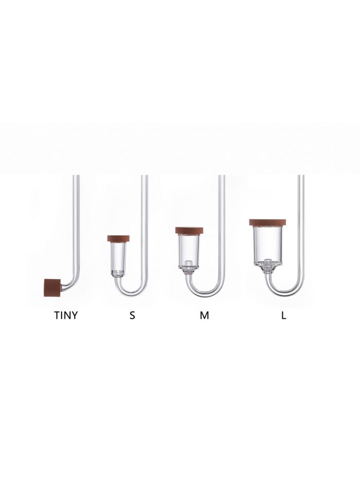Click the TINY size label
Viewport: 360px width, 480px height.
pyautogui.click(x=66, y=315)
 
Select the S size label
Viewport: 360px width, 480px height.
pyautogui.click(x=132, y=315)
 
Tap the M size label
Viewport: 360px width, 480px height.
pyautogui.click(x=205, y=315)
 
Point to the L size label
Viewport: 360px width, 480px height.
pyautogui.click(x=283, y=315)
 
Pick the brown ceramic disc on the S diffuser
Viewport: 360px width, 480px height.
pyautogui.click(x=118, y=238)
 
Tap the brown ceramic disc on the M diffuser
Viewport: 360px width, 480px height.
pyautogui.click(x=190, y=231)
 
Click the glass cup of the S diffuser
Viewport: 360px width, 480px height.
pyautogui.click(x=118, y=257)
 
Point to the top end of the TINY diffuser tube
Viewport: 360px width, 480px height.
pyautogui.click(x=77, y=177)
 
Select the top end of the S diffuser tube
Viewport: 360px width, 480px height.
pyautogui.click(x=145, y=177)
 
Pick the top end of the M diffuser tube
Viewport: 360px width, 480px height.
pyautogui.click(x=222, y=177)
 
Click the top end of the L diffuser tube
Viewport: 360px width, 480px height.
pyautogui.click(x=301, y=177)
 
